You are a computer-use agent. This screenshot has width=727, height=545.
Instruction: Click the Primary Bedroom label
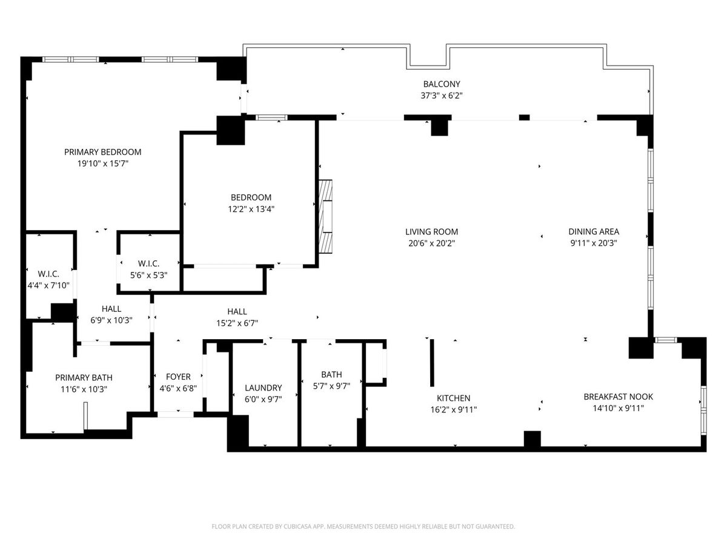102,152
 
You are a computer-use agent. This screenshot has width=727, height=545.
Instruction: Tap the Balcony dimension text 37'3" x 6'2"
442,96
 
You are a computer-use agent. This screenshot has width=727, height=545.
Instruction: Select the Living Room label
431,232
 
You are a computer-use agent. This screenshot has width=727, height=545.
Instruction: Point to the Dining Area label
594,232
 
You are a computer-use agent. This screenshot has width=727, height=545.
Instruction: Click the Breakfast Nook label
618,397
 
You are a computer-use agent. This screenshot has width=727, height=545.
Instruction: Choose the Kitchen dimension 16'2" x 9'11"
453,410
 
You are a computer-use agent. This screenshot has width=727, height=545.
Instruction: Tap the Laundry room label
264,388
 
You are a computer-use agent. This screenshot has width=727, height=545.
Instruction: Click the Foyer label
178,377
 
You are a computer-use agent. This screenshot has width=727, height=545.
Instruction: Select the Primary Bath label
84,377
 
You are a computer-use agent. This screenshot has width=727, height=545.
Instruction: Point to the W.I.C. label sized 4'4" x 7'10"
48,274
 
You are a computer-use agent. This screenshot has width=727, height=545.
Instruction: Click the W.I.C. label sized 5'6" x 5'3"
148,264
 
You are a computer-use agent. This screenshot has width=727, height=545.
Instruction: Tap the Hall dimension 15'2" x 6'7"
237,323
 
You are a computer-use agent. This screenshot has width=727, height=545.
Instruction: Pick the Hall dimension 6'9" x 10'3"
111,320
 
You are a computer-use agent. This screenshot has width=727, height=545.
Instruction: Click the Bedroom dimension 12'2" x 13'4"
251,209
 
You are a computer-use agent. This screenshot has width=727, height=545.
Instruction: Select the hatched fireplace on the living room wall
325,217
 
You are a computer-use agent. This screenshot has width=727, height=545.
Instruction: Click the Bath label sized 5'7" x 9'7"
331,374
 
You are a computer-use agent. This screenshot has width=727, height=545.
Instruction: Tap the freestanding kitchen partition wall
432,363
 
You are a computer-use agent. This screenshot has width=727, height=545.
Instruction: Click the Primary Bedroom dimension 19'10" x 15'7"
102,163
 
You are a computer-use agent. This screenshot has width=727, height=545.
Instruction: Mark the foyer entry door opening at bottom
175,414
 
